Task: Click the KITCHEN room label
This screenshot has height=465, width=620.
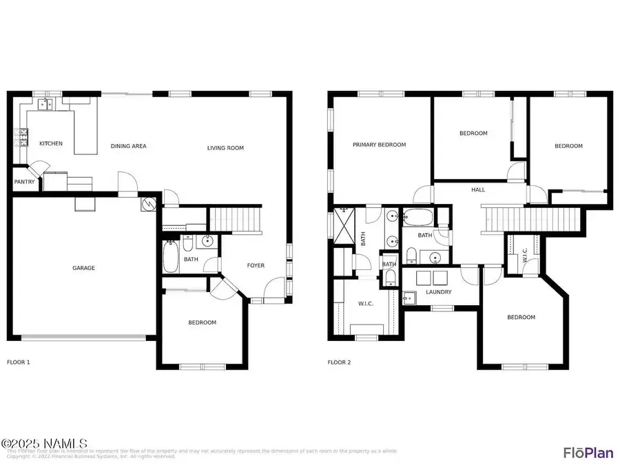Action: click(51, 143)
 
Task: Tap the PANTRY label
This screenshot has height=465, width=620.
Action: click(25, 182)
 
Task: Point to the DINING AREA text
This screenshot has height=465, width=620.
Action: click(129, 146)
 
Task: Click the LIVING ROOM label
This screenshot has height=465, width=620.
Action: click(226, 148)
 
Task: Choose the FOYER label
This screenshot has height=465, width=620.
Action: click(256, 265)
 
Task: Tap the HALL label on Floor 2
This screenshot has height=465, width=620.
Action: click(478, 189)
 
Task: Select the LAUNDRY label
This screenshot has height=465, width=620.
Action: click(439, 292)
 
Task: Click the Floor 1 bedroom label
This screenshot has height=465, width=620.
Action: click(202, 322)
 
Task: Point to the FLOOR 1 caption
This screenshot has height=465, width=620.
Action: click(19, 362)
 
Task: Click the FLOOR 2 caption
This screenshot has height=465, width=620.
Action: click(340, 362)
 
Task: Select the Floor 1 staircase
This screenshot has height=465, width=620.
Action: click(236, 220)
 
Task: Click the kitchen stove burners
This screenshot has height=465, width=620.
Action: click(23, 138)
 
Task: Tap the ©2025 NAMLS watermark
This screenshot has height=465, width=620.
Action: click(44, 443)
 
